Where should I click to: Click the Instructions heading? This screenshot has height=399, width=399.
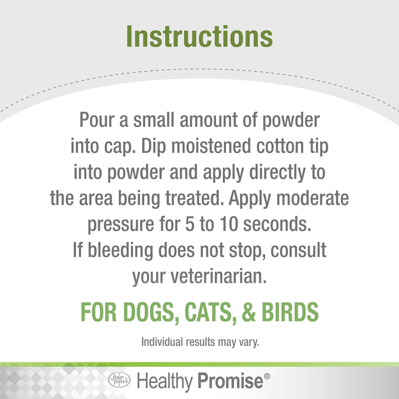(x=199, y=36)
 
